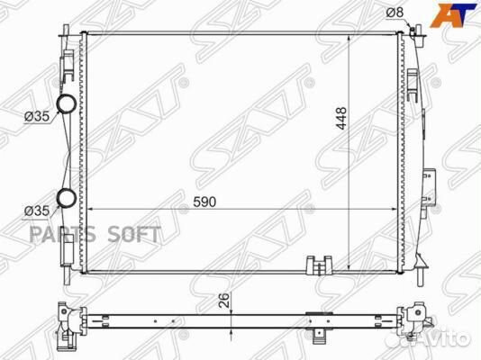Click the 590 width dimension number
tap(204, 202)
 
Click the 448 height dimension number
tap(340, 118)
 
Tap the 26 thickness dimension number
tap(224, 301)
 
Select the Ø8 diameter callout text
tap(395, 13)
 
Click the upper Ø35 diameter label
tap(37, 116)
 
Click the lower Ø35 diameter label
tap(37, 211)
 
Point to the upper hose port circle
tap(67, 103)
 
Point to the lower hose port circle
tap(67, 198)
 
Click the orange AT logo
tap(453, 15)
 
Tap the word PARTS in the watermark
tap(62, 234)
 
